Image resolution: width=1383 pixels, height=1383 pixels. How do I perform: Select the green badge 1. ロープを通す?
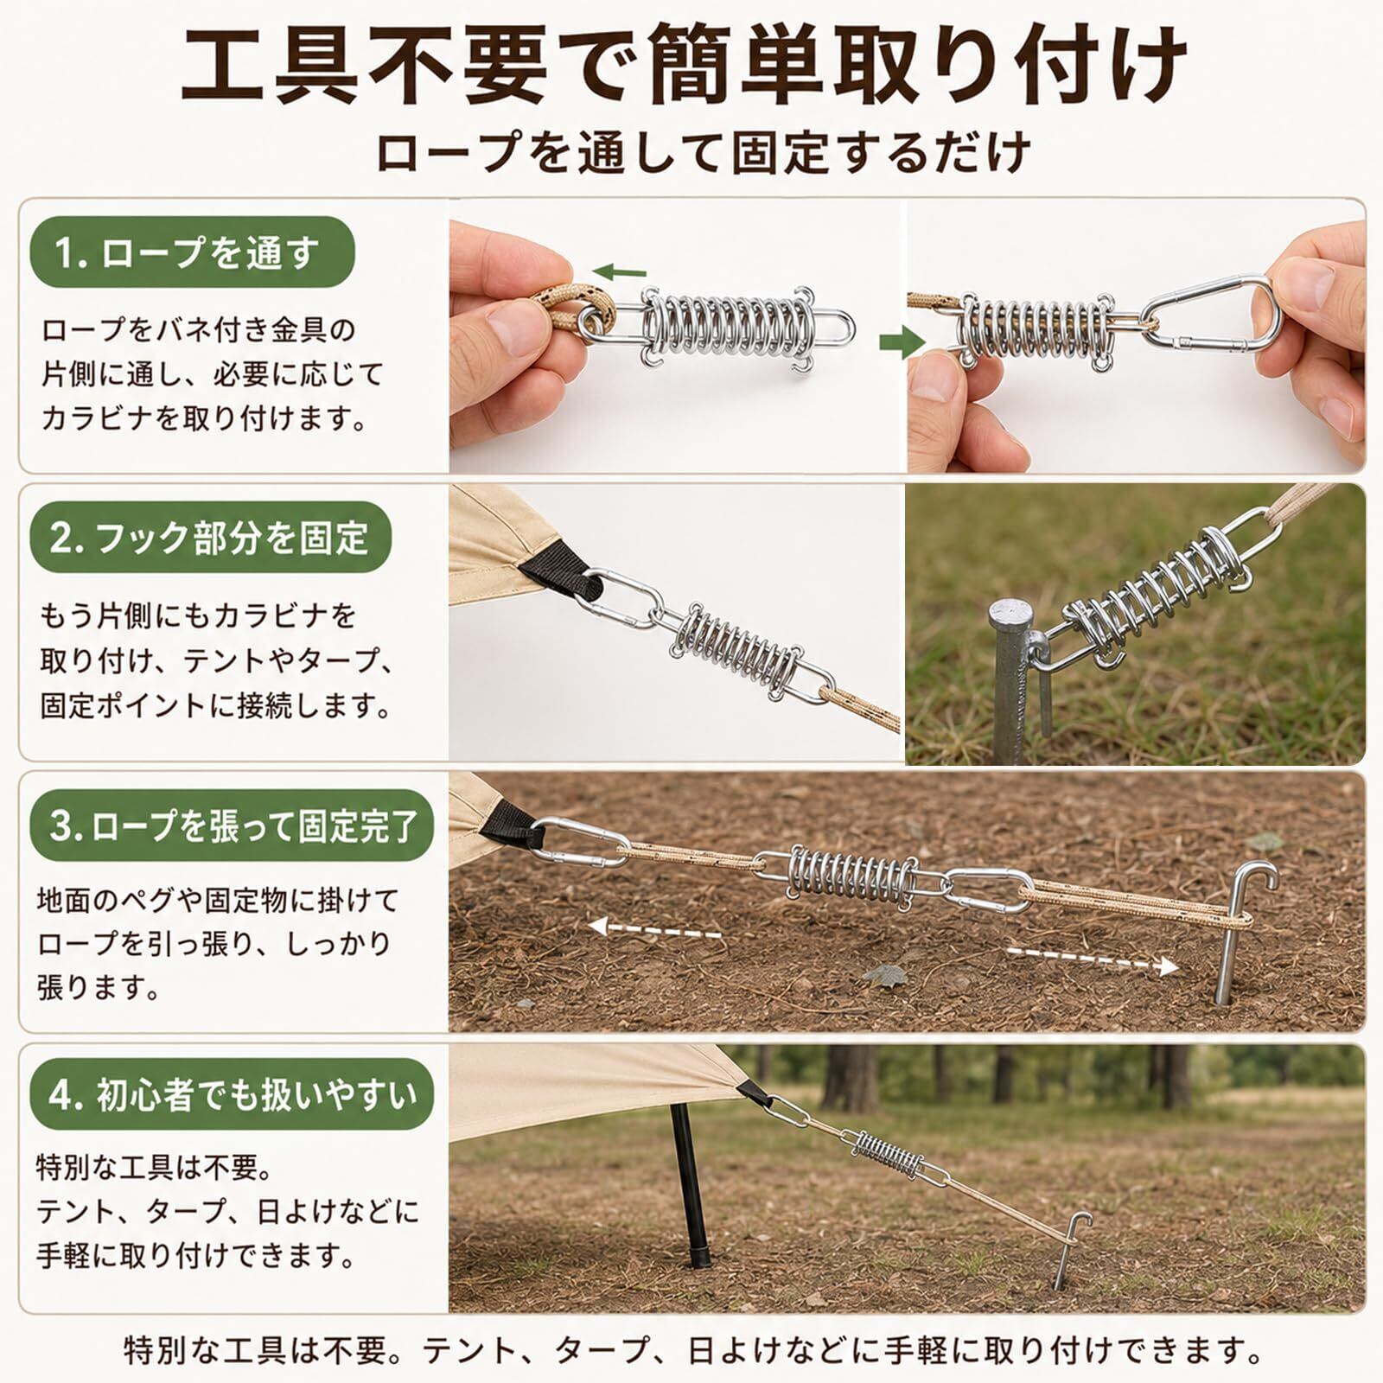[193, 252]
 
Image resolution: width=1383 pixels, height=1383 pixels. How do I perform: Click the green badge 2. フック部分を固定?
[211, 538]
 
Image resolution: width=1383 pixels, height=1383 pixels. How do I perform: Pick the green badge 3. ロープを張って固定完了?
[232, 825]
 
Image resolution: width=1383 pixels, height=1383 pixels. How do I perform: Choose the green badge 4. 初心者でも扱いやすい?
[232, 1094]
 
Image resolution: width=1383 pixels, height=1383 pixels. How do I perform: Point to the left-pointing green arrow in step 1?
[619, 272]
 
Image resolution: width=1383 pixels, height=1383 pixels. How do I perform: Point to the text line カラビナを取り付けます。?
[205, 418]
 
